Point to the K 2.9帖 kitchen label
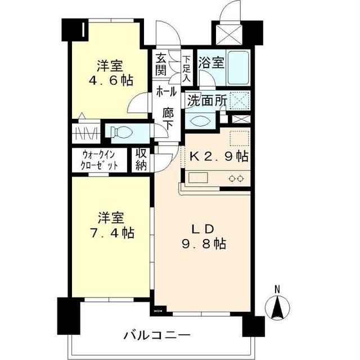click(x=219, y=157)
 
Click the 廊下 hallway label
click(x=168, y=118)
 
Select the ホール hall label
click(x=166, y=91)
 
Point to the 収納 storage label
click(x=140, y=159)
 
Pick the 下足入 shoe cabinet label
click(x=186, y=67)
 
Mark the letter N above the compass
click(x=277, y=290)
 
